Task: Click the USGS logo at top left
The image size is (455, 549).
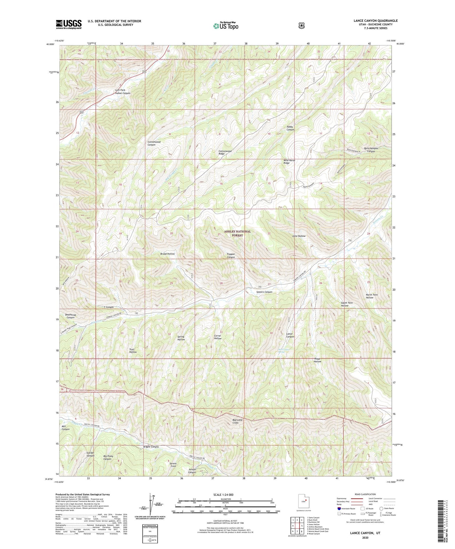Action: coord(69,24)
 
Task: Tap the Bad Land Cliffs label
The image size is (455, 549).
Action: coord(238,421)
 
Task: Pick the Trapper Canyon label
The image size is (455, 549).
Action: coord(231,256)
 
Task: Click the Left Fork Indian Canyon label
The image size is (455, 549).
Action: coord(123,91)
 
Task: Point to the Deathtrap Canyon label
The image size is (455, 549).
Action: coord(70,316)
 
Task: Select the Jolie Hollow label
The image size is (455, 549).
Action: coord(299,236)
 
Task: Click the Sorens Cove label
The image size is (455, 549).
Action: coord(173,465)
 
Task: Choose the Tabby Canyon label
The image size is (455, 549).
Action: coord(290,128)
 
